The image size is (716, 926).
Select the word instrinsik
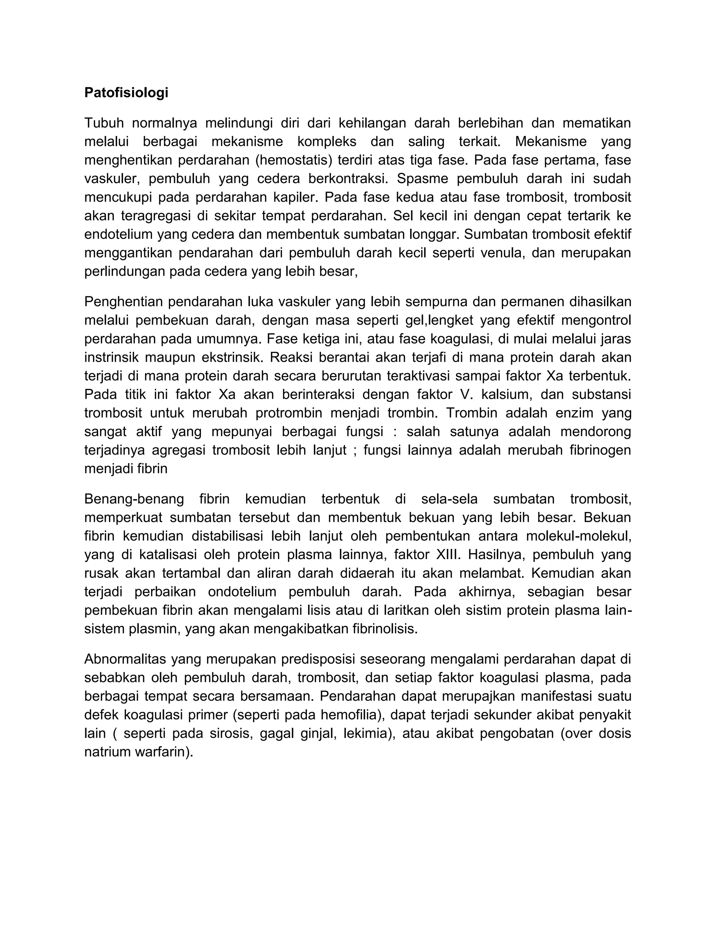pos(111,357)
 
